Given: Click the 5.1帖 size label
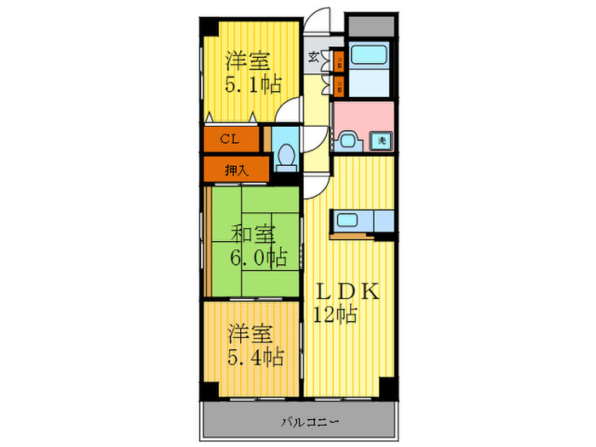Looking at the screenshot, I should click(x=253, y=84).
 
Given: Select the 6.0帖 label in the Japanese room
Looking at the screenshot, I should click(x=256, y=255).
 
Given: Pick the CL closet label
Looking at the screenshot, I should click(x=229, y=139).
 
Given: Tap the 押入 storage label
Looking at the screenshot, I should click(x=235, y=170).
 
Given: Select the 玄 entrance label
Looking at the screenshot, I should click(x=313, y=58).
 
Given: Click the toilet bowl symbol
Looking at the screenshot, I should click(x=287, y=155).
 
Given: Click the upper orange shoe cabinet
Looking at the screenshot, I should click(x=338, y=61).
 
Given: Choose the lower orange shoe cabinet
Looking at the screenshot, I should click(x=338, y=84).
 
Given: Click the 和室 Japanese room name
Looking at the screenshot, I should click(x=253, y=231).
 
